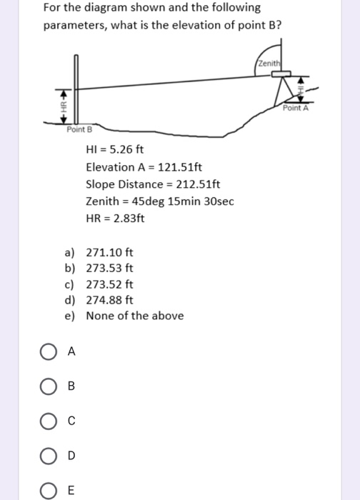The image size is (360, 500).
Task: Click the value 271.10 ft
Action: (x=109, y=253)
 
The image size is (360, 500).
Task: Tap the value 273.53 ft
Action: (x=109, y=269)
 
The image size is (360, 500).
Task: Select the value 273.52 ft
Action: (x=109, y=284)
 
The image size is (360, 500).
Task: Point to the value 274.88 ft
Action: (x=109, y=300)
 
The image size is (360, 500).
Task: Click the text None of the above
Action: (x=134, y=316)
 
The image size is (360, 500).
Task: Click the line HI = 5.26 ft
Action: (x=115, y=150)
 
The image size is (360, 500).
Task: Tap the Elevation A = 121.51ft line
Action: (x=144, y=167)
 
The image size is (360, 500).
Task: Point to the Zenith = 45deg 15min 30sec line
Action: (x=159, y=201)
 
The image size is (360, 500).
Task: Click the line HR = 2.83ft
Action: (x=115, y=219)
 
